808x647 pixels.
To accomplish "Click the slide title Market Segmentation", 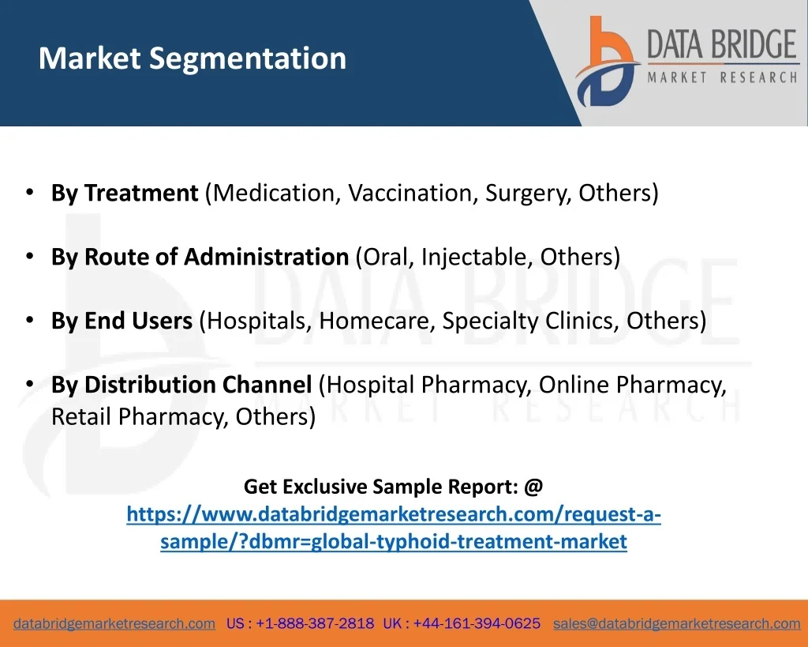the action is click(x=193, y=58).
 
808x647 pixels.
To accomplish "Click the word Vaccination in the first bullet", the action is click(x=410, y=193).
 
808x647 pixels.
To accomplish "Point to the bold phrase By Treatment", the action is click(x=125, y=193).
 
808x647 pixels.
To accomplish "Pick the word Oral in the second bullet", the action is click(x=385, y=257).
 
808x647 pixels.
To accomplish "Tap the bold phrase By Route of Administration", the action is click(x=200, y=257).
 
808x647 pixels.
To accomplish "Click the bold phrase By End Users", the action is click(x=122, y=321).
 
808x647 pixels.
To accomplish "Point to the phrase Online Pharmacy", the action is click(x=632, y=386).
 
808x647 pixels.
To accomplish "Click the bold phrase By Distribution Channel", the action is click(x=181, y=385).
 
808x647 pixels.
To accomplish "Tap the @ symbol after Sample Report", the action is click(x=533, y=487).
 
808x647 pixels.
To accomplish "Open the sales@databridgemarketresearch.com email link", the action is click(x=676, y=624).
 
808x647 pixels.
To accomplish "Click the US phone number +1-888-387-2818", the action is click(x=315, y=624).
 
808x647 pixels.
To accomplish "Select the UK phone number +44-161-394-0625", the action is click(x=477, y=624).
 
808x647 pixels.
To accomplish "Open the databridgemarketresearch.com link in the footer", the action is click(x=114, y=624).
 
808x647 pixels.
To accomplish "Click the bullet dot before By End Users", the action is click(x=30, y=321).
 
